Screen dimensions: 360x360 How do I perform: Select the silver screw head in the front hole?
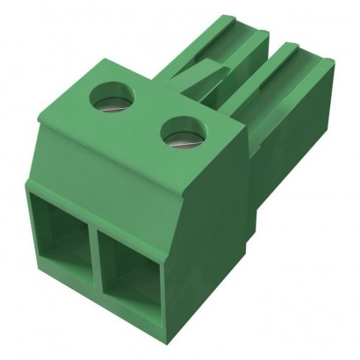pos(182,139)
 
